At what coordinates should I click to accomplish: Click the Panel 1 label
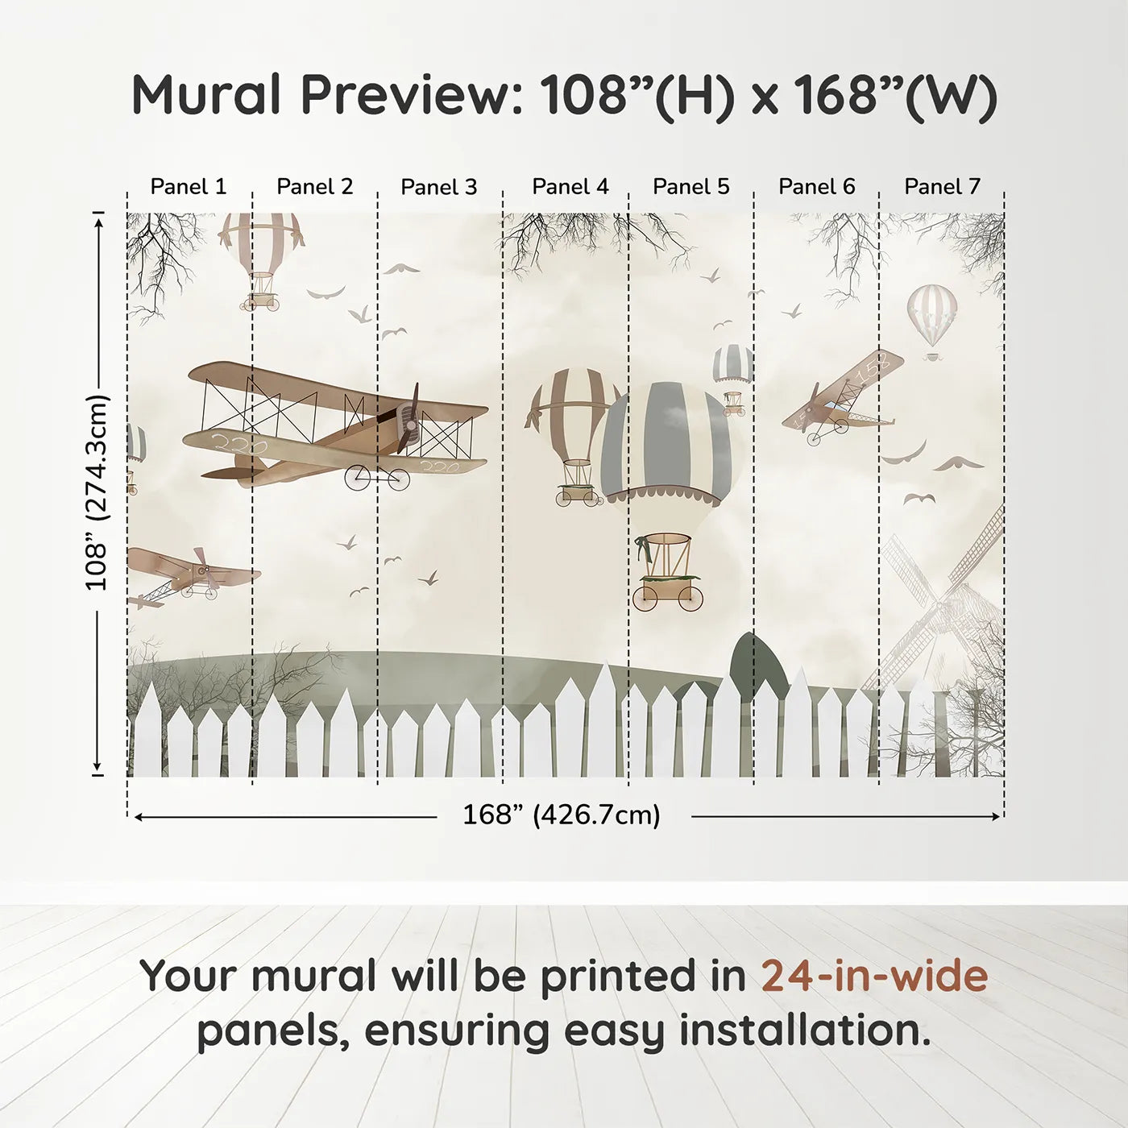189,187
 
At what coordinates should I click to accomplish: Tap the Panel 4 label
570,187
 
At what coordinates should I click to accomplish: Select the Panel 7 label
942,187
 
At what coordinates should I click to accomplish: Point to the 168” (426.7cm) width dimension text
561,815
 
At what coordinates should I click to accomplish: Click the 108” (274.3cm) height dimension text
97,492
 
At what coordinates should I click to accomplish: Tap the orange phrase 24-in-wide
874,976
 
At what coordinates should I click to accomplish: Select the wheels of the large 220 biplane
377,479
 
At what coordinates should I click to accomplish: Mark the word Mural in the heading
207,95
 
